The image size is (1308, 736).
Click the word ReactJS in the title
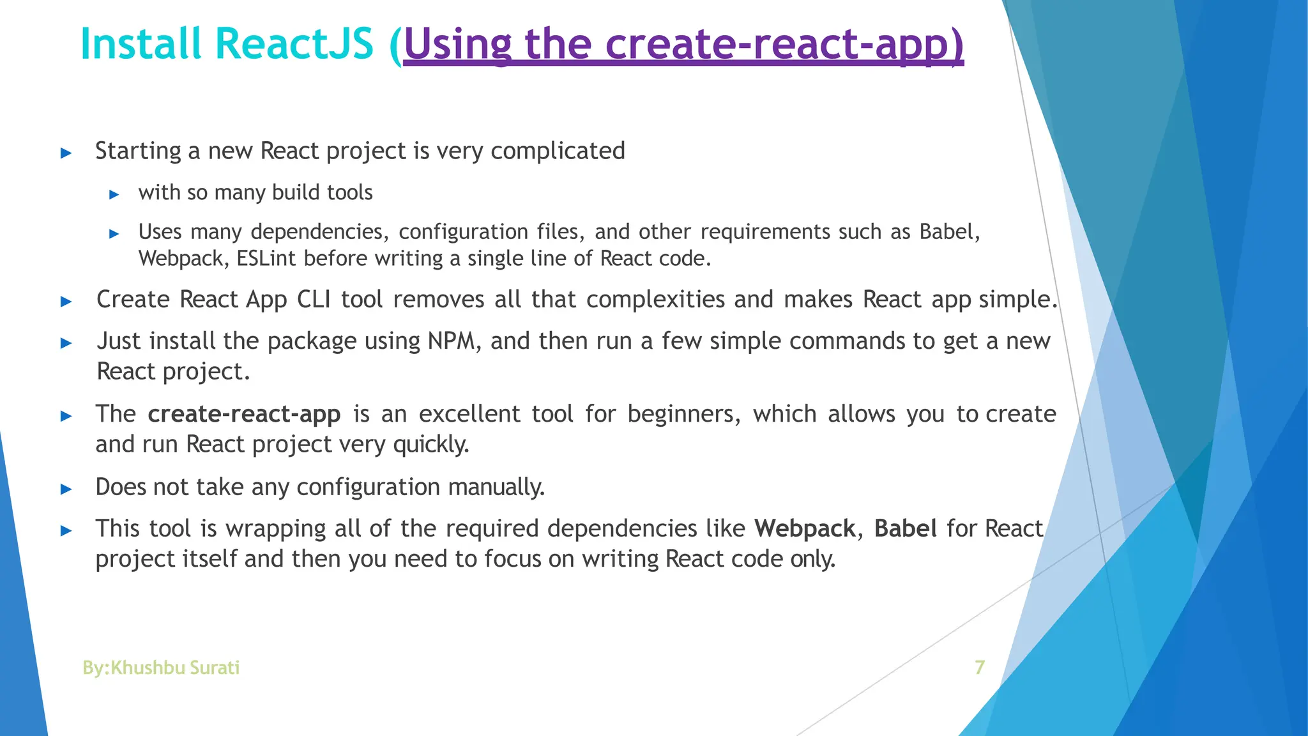point(294,45)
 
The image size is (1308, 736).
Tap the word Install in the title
point(141,45)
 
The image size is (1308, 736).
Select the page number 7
point(979,668)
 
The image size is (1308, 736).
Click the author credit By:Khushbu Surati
point(161,668)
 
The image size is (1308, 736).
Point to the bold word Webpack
point(804,529)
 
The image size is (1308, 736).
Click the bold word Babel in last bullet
point(905,529)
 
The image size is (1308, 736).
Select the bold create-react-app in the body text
point(244,415)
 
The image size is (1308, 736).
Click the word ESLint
point(266,259)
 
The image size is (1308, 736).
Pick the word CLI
point(314,300)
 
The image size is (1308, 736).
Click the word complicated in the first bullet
point(558,151)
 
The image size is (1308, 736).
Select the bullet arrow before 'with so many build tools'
point(114,194)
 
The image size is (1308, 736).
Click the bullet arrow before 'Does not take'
point(66,489)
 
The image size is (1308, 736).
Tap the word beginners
point(683,415)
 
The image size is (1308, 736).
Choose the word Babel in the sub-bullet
point(948,231)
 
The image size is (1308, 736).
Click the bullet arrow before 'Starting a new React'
point(66,153)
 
